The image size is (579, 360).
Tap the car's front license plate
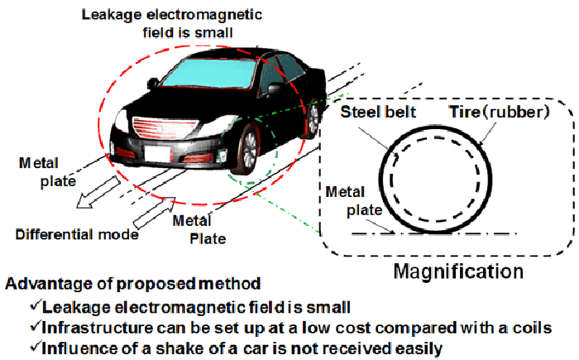tap(158, 154)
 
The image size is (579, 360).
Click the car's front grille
tap(164, 128)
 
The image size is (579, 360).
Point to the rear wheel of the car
tap(312, 118)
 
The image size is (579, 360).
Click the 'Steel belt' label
tap(378, 112)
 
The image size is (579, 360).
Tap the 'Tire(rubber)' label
tap(500, 112)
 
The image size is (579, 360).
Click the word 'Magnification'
tap(458, 271)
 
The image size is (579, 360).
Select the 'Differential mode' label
tap(77, 234)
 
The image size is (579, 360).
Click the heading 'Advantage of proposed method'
tap(133, 284)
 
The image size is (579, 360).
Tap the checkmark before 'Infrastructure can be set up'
tap(35, 326)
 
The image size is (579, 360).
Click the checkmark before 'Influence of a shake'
tap(35, 347)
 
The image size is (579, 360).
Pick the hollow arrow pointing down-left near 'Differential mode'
tap(98, 192)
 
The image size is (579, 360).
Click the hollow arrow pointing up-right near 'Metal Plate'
tap(154, 213)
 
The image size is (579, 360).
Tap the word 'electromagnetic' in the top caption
tap(204, 15)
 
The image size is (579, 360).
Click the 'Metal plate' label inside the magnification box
tap(354, 201)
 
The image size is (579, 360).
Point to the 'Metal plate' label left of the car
tap(47, 172)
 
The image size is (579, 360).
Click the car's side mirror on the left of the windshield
tap(153, 84)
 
